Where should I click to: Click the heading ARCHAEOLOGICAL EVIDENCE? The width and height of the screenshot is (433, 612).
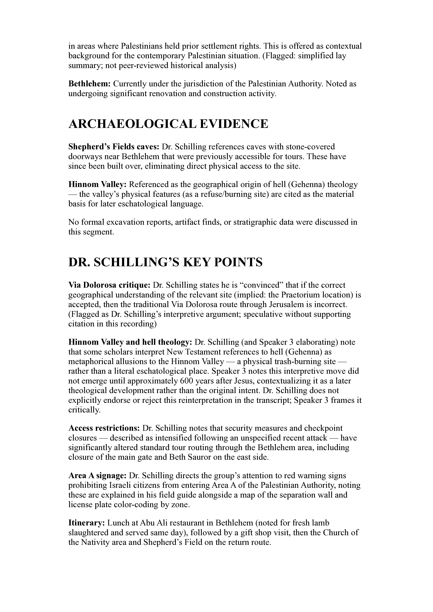tap(168, 124)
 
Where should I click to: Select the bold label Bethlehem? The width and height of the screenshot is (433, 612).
tap(90, 84)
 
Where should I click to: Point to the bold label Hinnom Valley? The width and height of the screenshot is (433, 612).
tap(97, 184)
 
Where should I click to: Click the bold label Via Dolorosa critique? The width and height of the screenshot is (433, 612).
tap(109, 285)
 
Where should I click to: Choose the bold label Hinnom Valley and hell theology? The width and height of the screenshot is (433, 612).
tap(130, 342)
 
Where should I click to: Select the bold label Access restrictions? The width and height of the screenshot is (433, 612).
tap(104, 428)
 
